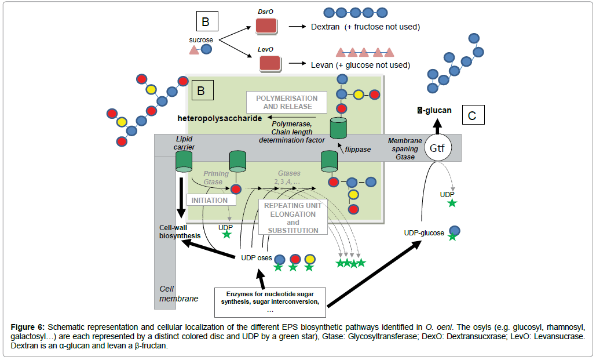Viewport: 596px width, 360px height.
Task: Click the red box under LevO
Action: coord(270,64)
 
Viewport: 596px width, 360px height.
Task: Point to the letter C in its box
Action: coord(472,116)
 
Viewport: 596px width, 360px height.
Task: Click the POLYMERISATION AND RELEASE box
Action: coord(287,103)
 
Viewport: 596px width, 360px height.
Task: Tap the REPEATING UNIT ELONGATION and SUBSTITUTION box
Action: coord(292,218)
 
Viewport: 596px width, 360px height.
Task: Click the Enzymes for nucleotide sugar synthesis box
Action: coord(270,301)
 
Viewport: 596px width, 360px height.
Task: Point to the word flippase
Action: coord(359,149)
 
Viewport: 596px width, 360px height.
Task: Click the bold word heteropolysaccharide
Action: coord(216,119)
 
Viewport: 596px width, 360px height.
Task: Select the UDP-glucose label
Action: coord(424,233)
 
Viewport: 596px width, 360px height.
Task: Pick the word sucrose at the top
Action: coord(201,40)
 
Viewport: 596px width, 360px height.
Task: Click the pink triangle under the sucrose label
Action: coord(195,51)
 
